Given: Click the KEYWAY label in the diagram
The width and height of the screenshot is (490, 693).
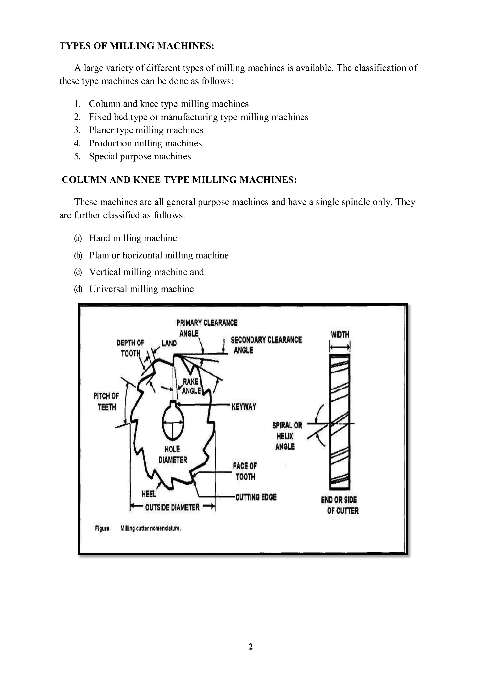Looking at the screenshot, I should (244, 406).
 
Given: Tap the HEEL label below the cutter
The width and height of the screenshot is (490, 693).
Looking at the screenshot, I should (149, 494).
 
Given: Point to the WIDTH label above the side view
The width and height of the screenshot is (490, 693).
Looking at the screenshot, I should (340, 334).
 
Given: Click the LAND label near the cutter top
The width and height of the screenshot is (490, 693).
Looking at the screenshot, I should (169, 343).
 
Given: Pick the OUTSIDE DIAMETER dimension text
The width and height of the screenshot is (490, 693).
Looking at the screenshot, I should (172, 507).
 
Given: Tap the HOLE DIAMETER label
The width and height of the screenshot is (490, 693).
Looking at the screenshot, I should (173, 455).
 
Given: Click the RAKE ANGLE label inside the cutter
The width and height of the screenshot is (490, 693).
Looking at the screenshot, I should (191, 386).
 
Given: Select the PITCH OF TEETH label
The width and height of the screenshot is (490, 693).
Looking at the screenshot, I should (106, 401).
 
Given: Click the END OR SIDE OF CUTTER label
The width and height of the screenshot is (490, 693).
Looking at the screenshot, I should (340, 505).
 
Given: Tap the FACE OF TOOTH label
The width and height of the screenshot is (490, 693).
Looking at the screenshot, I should (245, 471).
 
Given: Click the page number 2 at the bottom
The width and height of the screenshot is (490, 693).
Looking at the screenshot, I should (251, 647).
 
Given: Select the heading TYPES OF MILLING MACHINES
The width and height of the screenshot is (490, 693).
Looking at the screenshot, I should (137, 46).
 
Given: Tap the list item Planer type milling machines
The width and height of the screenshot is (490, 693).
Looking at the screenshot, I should (146, 130).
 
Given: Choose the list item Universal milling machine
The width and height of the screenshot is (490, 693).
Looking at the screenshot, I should (141, 289).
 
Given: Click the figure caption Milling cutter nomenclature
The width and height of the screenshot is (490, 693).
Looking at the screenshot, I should (150, 529).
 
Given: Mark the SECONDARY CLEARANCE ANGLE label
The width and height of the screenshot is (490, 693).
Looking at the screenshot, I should (266, 345).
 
